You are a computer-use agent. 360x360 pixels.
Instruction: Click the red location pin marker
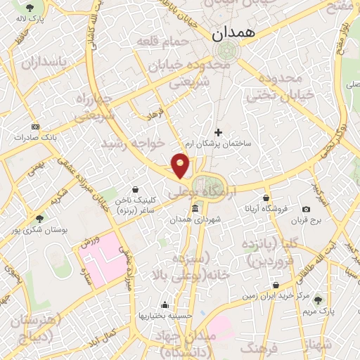coord(181,166)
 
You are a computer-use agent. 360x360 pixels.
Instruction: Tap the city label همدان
coord(234,33)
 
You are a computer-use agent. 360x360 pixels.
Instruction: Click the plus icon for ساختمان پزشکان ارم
coord(218,131)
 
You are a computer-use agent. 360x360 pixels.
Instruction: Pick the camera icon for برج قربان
coord(306,209)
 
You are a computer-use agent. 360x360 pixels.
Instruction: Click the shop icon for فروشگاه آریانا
coord(266,198)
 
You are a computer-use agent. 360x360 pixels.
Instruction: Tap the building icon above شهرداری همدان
coord(195,209)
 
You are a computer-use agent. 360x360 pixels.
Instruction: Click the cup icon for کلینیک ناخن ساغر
coord(136,189)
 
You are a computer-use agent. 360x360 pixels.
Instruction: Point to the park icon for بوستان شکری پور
coord(39,218)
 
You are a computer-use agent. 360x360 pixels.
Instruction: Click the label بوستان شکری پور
coord(40,229)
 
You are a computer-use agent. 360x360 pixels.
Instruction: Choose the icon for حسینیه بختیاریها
coord(165,304)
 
